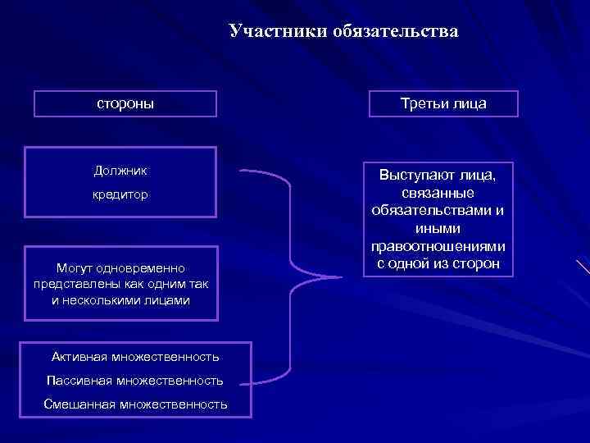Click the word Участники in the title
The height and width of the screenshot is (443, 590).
278,32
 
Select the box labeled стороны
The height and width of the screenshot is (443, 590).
125,104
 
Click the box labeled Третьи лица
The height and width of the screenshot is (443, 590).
442,104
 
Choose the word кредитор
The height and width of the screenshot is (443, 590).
120,197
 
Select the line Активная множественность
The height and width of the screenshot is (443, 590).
135,357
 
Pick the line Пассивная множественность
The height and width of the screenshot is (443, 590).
135,381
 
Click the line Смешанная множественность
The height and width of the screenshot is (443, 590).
135,404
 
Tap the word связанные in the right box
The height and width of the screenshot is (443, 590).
438,193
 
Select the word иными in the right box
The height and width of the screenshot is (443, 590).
438,229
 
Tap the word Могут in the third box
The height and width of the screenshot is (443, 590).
74,268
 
